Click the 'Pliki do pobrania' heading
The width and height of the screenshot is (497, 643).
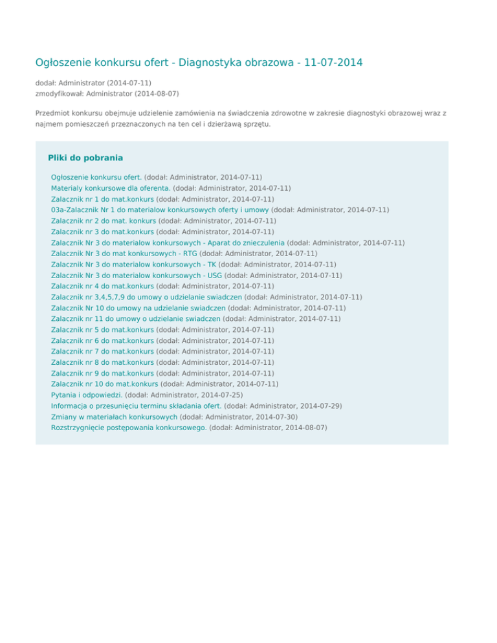coord(85,157)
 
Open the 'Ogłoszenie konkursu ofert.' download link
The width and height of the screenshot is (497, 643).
coord(96,177)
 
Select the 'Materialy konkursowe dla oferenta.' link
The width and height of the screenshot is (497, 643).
coord(111,188)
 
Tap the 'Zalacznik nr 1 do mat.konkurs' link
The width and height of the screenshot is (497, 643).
coord(102,199)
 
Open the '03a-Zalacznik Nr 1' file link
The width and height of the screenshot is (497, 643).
coord(160,210)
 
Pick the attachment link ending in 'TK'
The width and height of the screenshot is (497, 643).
coord(133,265)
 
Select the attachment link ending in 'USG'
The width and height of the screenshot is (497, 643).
coord(136,276)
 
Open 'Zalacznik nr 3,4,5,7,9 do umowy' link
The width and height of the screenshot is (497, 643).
coord(146,297)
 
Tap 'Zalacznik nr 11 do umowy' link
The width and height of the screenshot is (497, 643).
coord(135,319)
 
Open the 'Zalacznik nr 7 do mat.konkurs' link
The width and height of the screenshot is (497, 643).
coord(102,351)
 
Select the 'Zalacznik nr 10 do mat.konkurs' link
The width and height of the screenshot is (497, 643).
coord(104,384)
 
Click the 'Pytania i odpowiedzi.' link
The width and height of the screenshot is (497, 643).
coord(87,395)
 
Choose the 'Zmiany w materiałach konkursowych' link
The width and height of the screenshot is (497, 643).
coord(114,417)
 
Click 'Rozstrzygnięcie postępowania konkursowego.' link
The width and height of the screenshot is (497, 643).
coord(129,428)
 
